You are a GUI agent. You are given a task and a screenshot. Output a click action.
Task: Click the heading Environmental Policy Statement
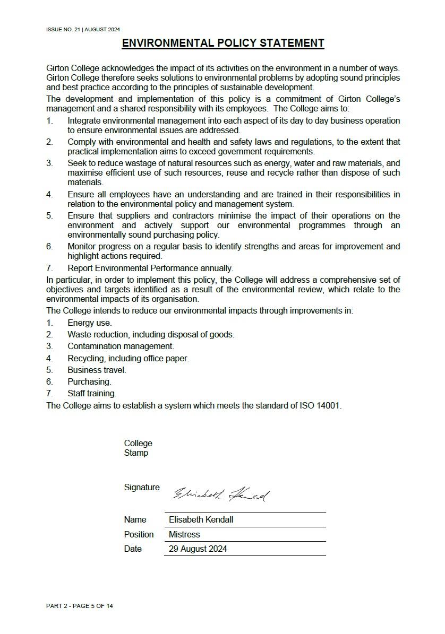(x=222, y=43)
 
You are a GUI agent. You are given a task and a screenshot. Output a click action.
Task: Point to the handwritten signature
(x=221, y=494)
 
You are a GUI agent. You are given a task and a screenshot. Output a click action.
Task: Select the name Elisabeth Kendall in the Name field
(x=201, y=519)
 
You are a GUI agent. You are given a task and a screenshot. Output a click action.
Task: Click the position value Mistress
(x=184, y=534)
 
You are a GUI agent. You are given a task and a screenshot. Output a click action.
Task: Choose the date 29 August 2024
(x=198, y=549)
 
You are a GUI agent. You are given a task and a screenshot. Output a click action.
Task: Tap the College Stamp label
(x=138, y=448)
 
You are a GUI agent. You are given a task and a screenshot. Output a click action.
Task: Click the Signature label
(x=141, y=487)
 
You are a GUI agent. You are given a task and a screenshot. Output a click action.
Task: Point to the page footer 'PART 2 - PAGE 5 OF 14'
(x=80, y=606)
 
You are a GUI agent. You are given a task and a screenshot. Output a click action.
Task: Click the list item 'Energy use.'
(x=89, y=323)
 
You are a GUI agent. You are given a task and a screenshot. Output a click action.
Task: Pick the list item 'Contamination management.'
(x=121, y=346)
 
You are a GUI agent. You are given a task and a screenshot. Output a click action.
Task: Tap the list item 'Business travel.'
(x=97, y=370)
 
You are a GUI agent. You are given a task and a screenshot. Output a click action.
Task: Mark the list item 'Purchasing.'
(x=89, y=381)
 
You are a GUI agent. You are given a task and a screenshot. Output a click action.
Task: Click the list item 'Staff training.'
(x=92, y=393)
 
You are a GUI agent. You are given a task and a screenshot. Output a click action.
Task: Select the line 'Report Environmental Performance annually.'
(x=150, y=268)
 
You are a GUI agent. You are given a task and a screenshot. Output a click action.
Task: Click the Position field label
(x=139, y=534)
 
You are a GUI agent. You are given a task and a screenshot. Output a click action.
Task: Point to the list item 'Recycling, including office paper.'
(x=128, y=358)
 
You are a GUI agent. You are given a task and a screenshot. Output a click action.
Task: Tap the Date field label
(x=133, y=549)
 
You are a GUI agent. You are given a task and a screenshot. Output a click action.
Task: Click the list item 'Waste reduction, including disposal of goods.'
(x=151, y=334)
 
